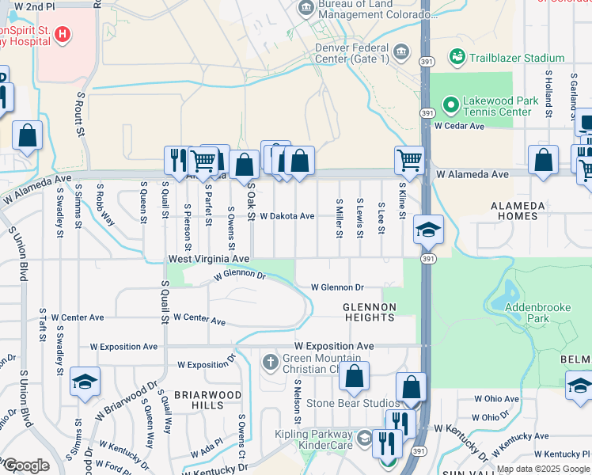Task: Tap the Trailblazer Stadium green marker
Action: [x=457, y=57]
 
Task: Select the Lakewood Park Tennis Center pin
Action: [x=450, y=104]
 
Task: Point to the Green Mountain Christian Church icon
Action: [x=270, y=363]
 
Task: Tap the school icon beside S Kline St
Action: [x=428, y=230]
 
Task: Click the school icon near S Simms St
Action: [x=85, y=382]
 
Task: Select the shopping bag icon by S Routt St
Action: [x=28, y=136]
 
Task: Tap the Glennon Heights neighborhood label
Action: [x=368, y=312]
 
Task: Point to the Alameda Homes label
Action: [x=518, y=211]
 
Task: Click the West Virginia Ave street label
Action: [x=208, y=259]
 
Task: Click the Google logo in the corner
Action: [x=25, y=465]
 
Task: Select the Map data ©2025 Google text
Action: [x=542, y=469]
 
